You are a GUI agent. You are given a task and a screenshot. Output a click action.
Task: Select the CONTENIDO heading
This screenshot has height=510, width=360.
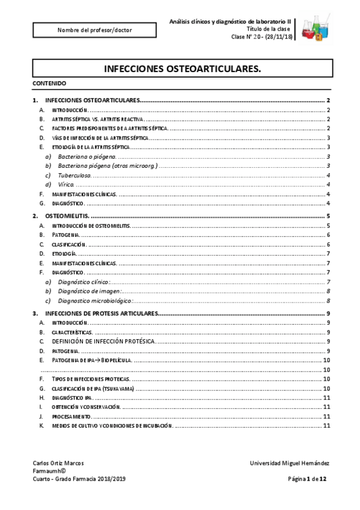pos(50,83)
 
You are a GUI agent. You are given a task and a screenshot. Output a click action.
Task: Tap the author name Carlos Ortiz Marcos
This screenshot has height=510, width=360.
pos(58,462)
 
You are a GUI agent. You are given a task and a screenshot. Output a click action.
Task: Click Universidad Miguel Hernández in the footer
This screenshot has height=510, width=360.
pos(289,462)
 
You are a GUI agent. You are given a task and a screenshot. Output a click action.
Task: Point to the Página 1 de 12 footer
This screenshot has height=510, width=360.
pos(307,479)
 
